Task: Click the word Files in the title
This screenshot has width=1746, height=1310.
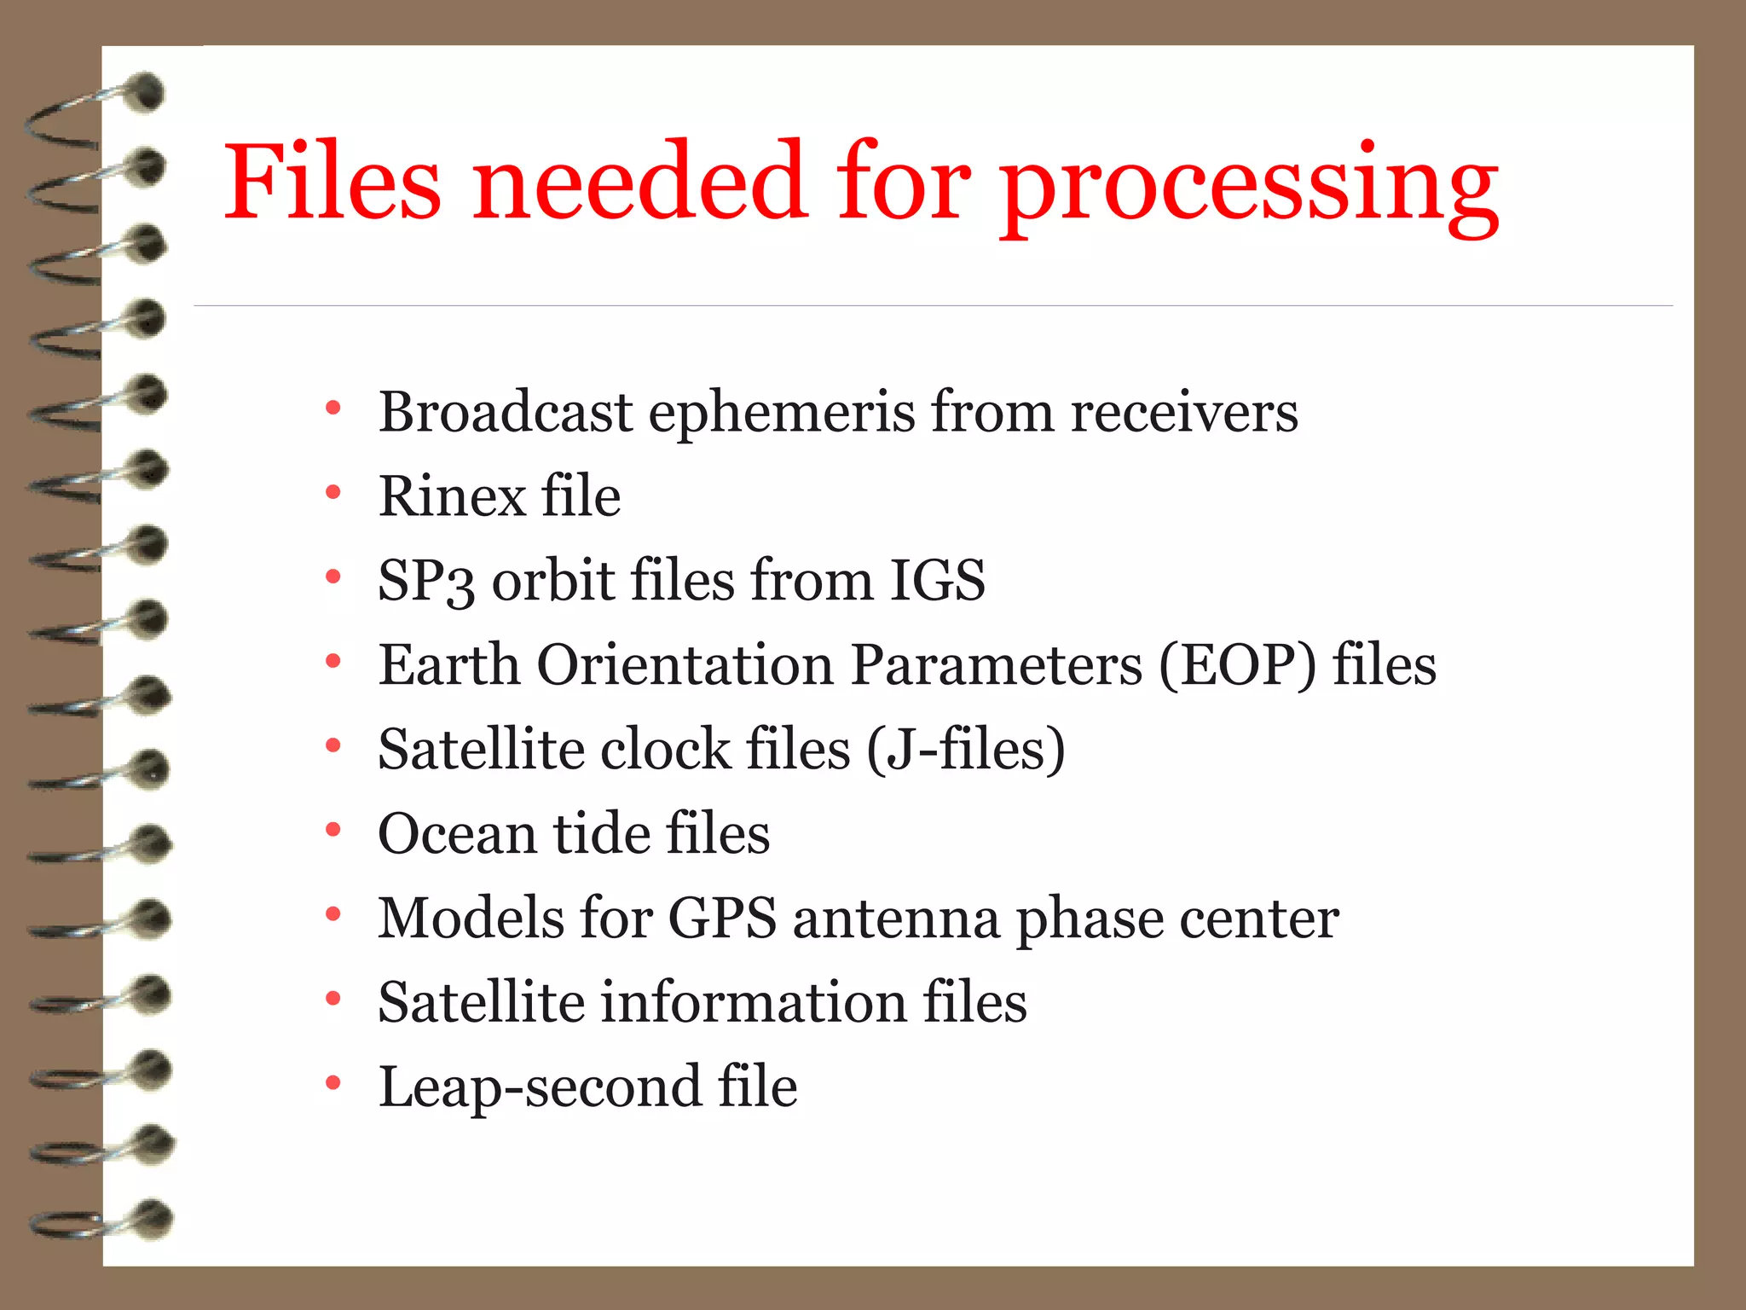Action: pos(332,181)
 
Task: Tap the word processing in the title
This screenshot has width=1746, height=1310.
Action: pos(1249,186)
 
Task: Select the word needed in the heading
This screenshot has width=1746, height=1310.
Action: pos(639,181)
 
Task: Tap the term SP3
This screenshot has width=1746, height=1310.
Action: pos(425,582)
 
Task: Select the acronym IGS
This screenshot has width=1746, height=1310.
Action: pos(937,580)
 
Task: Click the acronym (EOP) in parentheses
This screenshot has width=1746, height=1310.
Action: pos(1237,665)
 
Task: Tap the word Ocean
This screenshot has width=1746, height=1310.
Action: pos(457,833)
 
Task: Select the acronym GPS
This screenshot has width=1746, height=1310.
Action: pos(721,919)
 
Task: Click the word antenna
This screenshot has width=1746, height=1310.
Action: pos(896,919)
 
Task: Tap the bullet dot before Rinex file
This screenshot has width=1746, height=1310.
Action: pos(333,492)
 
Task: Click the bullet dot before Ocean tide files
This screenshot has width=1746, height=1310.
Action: pos(333,829)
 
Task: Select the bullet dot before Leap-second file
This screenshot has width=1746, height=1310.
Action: pos(333,1083)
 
